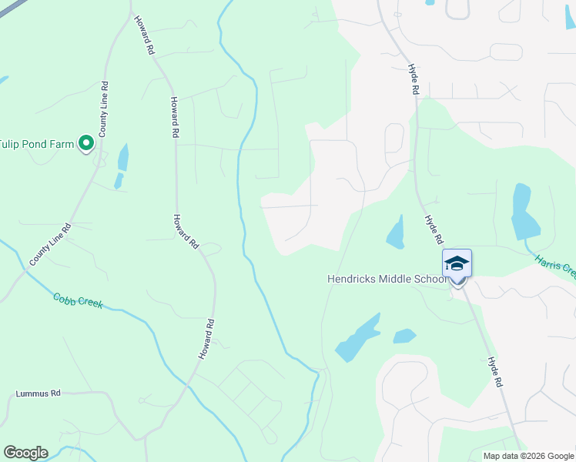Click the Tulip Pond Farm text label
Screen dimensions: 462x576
[x=36, y=144]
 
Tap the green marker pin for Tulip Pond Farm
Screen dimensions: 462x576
[x=86, y=143]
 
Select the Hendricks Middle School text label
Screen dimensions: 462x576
[x=387, y=279]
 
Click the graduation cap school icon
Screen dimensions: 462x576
[x=457, y=264]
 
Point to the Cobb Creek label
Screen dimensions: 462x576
[x=78, y=301]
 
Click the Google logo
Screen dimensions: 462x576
[x=25, y=453]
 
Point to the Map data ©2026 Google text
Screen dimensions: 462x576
[x=528, y=456]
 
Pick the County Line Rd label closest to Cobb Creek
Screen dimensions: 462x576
[x=50, y=246]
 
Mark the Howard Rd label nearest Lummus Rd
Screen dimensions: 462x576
[x=205, y=339]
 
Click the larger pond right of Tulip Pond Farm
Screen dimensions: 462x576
[x=123, y=157]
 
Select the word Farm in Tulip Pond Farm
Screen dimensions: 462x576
[x=62, y=144]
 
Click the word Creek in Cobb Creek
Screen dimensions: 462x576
[x=90, y=303]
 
